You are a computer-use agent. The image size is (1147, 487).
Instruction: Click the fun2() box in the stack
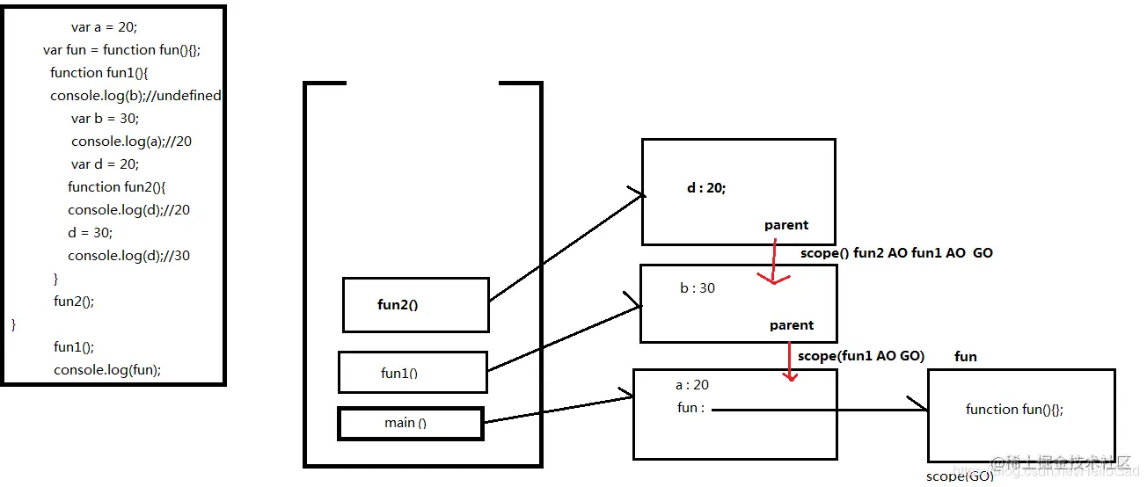click(415, 305)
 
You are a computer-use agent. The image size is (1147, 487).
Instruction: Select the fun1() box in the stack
click(413, 373)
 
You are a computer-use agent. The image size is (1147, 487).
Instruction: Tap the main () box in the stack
click(411, 423)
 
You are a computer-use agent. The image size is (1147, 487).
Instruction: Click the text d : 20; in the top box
click(706, 188)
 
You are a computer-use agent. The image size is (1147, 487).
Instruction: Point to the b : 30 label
click(698, 288)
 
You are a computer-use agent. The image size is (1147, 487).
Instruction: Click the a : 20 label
click(692, 385)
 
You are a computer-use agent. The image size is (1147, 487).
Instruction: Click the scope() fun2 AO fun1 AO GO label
click(896, 253)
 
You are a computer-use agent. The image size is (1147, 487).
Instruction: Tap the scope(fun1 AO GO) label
click(861, 356)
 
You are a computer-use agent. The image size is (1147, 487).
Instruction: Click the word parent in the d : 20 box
click(786, 225)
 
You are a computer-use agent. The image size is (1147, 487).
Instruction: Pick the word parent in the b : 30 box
click(792, 325)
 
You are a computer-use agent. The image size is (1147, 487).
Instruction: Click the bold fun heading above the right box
click(966, 357)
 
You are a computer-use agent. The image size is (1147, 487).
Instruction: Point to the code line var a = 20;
click(104, 27)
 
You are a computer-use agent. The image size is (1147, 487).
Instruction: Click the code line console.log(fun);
click(107, 370)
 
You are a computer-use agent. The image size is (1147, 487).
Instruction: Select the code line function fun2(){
click(117, 187)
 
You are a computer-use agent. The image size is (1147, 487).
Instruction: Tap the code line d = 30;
click(91, 233)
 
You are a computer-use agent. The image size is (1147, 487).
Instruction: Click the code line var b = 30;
click(106, 119)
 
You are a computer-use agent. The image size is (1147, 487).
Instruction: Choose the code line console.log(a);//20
click(131, 142)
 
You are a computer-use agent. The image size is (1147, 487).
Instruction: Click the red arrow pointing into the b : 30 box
click(773, 264)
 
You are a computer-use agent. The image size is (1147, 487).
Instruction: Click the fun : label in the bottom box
click(691, 408)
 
